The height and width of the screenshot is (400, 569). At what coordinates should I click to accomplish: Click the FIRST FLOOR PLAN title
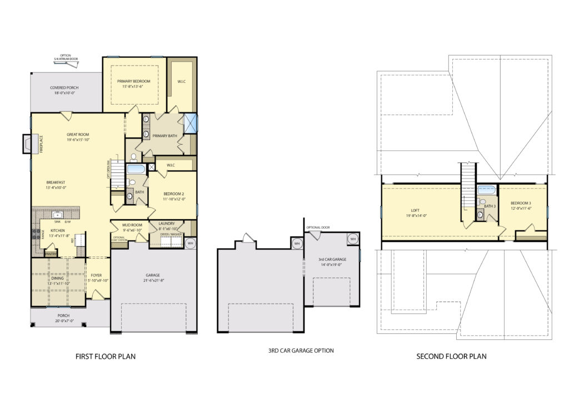point(106,357)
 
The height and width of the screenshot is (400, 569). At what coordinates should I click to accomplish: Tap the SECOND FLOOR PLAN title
point(451,357)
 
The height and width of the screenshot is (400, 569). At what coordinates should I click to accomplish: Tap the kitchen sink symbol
point(57,214)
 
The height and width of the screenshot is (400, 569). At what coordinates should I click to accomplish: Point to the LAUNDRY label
point(167,224)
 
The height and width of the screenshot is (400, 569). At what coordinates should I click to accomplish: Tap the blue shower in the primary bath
point(191,123)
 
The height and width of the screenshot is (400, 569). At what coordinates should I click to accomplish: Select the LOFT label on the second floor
point(411,210)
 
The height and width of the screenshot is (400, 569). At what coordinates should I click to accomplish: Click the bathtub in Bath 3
point(487,190)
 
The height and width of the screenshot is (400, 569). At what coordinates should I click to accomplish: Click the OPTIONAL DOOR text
point(317,228)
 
